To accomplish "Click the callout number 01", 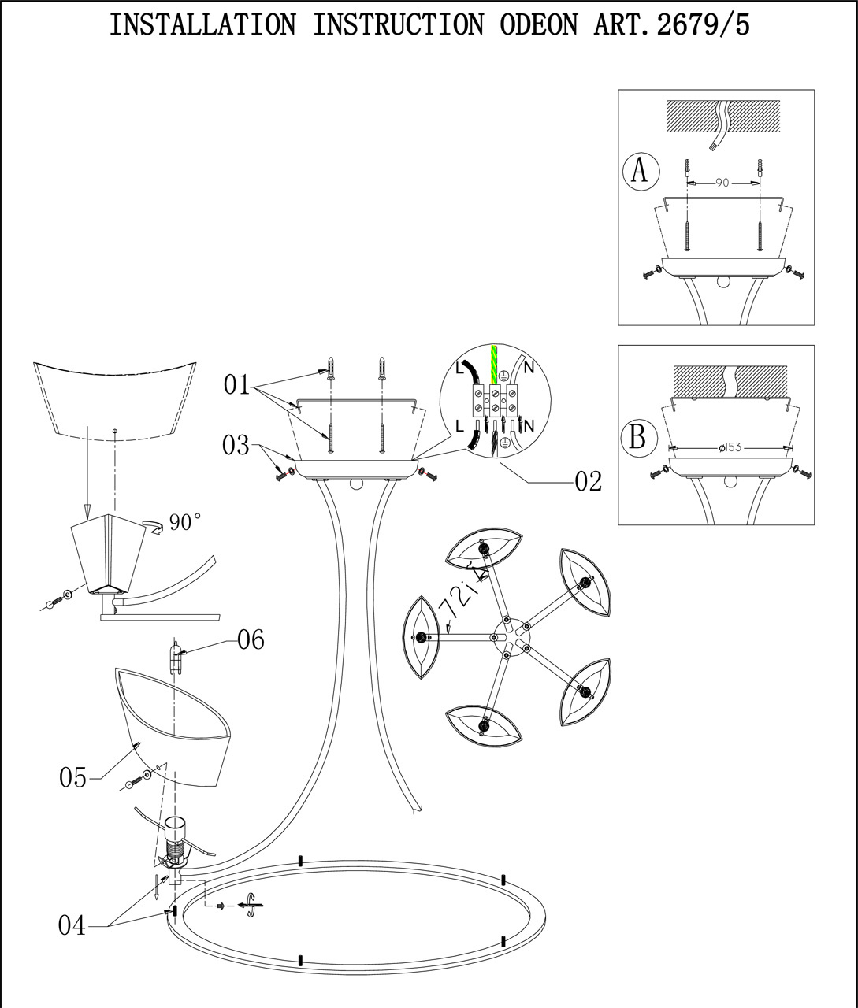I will [x=236, y=385].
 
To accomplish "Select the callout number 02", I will [x=588, y=481].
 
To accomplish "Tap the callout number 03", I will [x=236, y=446].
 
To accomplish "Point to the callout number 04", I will [x=72, y=925].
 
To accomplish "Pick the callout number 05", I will [x=72, y=778].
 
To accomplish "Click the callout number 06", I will [x=251, y=640].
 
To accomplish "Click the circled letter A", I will [x=640, y=170].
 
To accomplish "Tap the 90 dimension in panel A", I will [x=722, y=183].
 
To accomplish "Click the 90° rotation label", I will [x=185, y=523].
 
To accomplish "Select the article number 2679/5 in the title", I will [x=703, y=25].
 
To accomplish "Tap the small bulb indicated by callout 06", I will [x=178, y=658].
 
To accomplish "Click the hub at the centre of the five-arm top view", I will [x=502, y=632].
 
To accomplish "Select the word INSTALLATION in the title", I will [x=202, y=25].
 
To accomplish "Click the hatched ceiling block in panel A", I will [x=723, y=115].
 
